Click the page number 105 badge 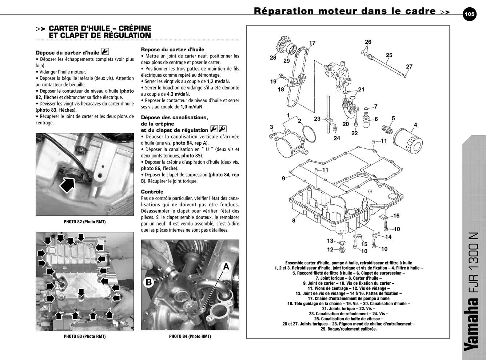pyautogui.click(x=469, y=14)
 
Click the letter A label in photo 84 pyautogui.click(x=226, y=267)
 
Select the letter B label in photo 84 pyautogui.click(x=149, y=282)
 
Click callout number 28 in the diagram pyautogui.click(x=273, y=57)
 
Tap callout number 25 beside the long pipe pyautogui.click(x=389, y=55)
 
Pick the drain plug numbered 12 pyautogui.click(x=341, y=249)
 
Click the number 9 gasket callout pyautogui.click(x=283, y=178)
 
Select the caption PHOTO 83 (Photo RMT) pyautogui.click(x=85, y=336)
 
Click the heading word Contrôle pyautogui.click(x=152, y=192)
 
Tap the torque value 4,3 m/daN pyautogui.click(x=178, y=94)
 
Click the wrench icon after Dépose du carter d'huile pyautogui.click(x=105, y=52)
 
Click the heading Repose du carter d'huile pyautogui.click(x=172, y=49)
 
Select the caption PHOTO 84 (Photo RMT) pyautogui.click(x=190, y=336)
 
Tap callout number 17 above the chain pyautogui.click(x=312, y=43)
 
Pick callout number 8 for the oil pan pyautogui.click(x=294, y=220)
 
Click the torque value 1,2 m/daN pyautogui.click(x=219, y=81)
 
